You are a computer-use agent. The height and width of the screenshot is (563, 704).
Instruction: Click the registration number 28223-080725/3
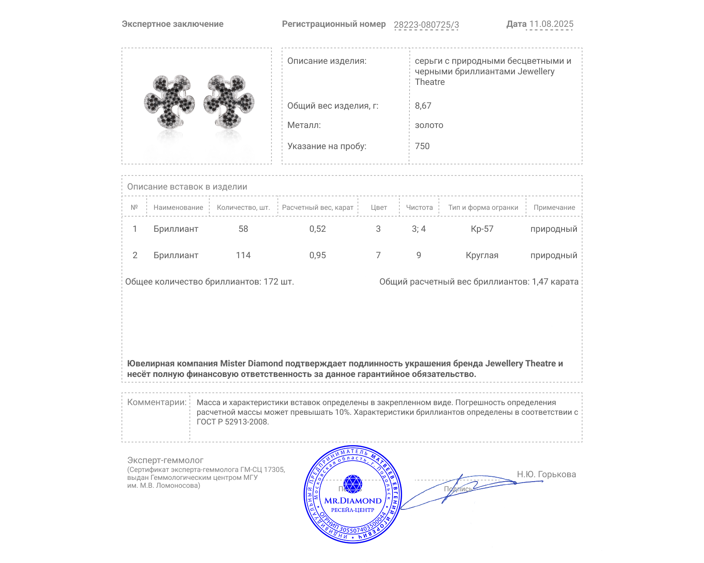pyautogui.click(x=426, y=25)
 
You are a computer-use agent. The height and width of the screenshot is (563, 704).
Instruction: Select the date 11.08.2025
pyautogui.click(x=551, y=24)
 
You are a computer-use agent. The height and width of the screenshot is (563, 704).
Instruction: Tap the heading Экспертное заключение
pyautogui.click(x=172, y=24)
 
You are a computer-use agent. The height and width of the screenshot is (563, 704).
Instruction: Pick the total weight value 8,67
pyautogui.click(x=423, y=106)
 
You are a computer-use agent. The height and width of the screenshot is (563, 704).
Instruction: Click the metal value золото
pyautogui.click(x=429, y=125)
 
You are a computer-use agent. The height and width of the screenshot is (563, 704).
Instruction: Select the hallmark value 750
pyautogui.click(x=422, y=146)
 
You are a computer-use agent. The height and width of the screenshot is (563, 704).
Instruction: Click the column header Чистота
pyautogui.click(x=419, y=208)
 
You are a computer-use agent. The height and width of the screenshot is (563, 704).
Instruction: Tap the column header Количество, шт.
pyautogui.click(x=243, y=208)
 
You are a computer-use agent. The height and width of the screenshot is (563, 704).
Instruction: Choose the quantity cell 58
pyautogui.click(x=243, y=229)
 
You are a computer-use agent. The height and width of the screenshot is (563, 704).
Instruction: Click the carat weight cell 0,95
pyautogui.click(x=318, y=256)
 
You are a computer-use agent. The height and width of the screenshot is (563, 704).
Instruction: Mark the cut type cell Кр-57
pyautogui.click(x=482, y=229)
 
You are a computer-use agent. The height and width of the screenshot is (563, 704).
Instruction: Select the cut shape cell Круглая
pyautogui.click(x=482, y=256)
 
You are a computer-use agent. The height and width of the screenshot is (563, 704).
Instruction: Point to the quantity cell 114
pyautogui.click(x=243, y=256)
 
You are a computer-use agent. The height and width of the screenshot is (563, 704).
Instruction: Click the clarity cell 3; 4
pyautogui.click(x=419, y=229)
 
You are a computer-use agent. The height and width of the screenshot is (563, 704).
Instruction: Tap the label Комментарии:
pyautogui.click(x=157, y=402)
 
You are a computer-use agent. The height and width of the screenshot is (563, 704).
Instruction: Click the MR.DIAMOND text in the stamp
pyautogui.click(x=353, y=501)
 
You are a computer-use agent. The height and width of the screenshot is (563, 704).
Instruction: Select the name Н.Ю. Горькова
pyautogui.click(x=546, y=475)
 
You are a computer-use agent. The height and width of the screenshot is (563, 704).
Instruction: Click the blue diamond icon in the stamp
pyautogui.click(x=352, y=483)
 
